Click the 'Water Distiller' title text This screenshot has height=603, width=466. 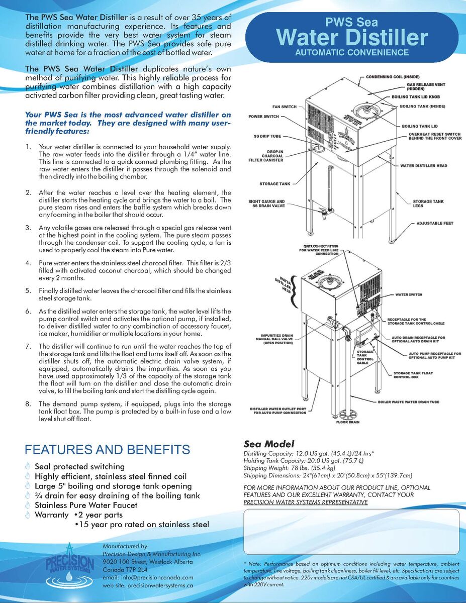(352, 37)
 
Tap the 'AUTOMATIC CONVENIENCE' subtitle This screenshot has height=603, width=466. (352, 52)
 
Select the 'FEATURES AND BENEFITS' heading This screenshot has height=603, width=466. (108, 449)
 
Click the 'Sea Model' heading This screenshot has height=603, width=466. (268, 444)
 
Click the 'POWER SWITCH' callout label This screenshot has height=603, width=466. (264, 117)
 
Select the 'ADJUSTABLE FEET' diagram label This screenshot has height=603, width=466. (435, 223)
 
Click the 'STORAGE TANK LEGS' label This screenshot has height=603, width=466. (428, 204)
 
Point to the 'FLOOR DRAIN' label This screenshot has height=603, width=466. (348, 422)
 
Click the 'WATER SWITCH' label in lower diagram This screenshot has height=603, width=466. (409, 294)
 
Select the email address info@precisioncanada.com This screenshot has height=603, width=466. (147, 578)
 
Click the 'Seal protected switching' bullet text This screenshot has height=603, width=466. (79, 467)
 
